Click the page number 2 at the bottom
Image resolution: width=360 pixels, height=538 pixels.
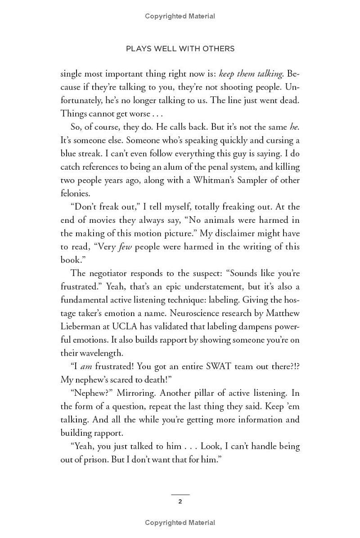point(180,502)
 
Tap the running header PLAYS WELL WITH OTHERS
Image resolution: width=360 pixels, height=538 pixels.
point(180,49)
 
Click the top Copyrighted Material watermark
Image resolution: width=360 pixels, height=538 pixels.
point(180,16)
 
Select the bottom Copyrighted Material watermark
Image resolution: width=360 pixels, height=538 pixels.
point(180,523)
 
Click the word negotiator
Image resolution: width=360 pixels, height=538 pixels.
point(108,273)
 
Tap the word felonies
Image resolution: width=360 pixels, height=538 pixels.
point(75,193)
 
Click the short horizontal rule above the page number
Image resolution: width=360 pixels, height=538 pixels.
point(180,494)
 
